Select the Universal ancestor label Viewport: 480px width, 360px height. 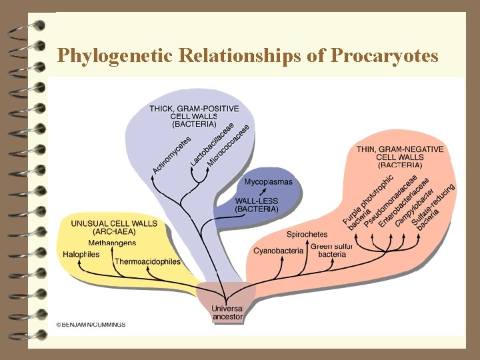pos(227,313)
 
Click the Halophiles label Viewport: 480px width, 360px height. pos(81,254)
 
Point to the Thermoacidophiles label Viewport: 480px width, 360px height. pos(147,261)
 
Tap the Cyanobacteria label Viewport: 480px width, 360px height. pos(278,251)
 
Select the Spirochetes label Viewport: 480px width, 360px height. pos(307,234)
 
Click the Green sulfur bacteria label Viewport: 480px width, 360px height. pos(332,250)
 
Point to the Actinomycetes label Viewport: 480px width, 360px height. pos(172,155)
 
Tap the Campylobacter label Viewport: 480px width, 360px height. pos(414,207)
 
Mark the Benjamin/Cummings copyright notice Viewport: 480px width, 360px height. pos(91,325)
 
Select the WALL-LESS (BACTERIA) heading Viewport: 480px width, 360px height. pos(257,205)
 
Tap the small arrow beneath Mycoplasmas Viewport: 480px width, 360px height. pos(261,191)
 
